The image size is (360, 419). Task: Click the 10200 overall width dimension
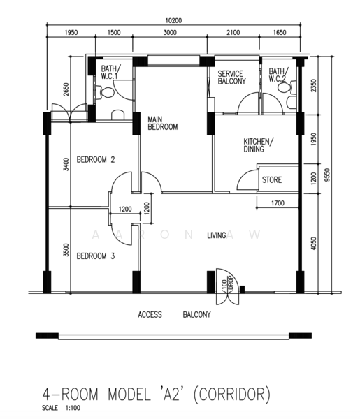(x=173, y=20)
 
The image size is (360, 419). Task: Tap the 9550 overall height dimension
(x=327, y=175)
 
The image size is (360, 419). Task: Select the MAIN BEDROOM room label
(x=163, y=123)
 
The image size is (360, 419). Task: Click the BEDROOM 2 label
(x=96, y=159)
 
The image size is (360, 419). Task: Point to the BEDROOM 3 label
(x=96, y=256)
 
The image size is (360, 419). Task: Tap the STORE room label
(x=272, y=179)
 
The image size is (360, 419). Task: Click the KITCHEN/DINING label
(x=259, y=145)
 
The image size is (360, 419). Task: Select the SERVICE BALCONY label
(x=231, y=78)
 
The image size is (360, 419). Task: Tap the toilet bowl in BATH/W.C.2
(x=287, y=87)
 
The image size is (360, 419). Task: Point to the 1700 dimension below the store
(x=278, y=203)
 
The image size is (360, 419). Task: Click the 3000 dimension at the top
(x=170, y=33)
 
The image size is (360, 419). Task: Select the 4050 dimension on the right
(x=313, y=243)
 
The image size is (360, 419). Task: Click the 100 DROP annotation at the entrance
(x=228, y=284)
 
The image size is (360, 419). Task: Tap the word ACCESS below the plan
(x=150, y=314)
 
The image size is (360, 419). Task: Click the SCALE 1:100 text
(x=61, y=408)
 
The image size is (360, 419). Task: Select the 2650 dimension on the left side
(x=66, y=89)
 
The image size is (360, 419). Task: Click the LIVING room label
(x=217, y=235)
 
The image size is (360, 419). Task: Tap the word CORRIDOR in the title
(x=231, y=394)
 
